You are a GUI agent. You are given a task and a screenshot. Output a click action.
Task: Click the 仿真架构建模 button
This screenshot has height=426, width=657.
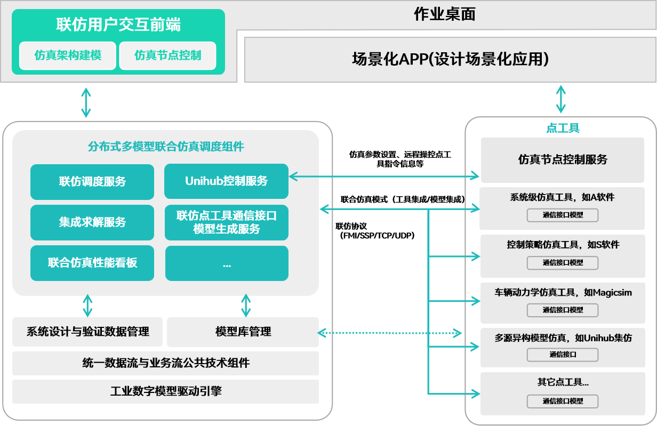point(68,55)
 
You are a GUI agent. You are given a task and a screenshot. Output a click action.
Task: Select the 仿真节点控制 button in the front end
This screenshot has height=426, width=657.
point(167,55)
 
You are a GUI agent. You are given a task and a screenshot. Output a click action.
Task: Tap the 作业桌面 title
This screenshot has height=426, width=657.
point(444,14)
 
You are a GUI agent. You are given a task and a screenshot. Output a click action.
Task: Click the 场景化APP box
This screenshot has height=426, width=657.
point(450,59)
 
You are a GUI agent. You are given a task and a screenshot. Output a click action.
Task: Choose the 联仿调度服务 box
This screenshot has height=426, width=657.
point(92,181)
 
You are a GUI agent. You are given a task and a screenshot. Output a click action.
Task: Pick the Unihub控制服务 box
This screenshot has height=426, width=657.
point(226,181)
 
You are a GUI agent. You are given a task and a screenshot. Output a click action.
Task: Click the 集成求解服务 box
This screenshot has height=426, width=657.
point(92,222)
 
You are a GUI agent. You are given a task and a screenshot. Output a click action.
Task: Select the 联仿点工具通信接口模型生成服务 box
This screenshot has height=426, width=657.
point(226,222)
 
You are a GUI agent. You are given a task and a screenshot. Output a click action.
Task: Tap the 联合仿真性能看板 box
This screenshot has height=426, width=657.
point(92,263)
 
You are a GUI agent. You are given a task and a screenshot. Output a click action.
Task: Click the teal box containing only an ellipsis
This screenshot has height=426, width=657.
point(226,263)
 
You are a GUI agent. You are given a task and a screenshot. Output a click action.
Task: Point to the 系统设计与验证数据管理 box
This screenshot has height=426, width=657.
point(88,332)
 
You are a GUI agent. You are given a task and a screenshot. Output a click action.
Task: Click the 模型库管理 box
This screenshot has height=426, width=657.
point(243,332)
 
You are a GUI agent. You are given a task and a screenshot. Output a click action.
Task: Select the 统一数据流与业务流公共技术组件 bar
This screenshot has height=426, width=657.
point(165,363)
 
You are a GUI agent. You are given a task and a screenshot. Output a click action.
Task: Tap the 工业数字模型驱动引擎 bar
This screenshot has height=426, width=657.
point(165,391)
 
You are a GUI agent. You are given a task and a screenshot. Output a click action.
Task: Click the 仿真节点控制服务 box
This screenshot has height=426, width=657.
point(563,159)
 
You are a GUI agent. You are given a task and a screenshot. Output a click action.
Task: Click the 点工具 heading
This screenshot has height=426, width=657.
point(563,128)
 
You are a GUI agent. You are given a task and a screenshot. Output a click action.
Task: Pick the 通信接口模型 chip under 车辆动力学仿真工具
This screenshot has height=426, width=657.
point(563,310)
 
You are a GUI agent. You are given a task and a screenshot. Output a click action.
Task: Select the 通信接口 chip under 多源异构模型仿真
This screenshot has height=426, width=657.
point(563,355)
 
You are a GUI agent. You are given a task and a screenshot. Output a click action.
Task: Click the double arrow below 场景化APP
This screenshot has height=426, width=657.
point(560,99)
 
